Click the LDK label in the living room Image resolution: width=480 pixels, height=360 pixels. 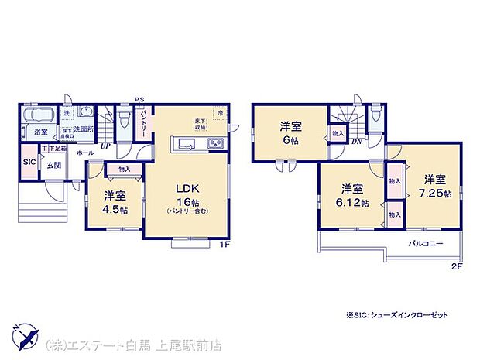(x=188, y=188)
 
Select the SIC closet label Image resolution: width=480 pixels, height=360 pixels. (x=29, y=163)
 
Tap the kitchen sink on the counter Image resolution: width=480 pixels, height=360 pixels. (x=186, y=143)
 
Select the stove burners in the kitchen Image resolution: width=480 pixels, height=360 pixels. (x=214, y=143)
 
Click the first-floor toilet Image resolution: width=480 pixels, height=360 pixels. (x=124, y=118)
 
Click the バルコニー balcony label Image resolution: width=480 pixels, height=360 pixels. (x=426, y=243)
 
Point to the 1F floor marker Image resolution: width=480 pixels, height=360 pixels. (x=225, y=246)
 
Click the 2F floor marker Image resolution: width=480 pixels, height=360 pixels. (x=457, y=266)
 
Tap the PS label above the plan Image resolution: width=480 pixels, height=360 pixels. (x=140, y=99)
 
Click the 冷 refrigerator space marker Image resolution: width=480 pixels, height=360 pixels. (x=221, y=113)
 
